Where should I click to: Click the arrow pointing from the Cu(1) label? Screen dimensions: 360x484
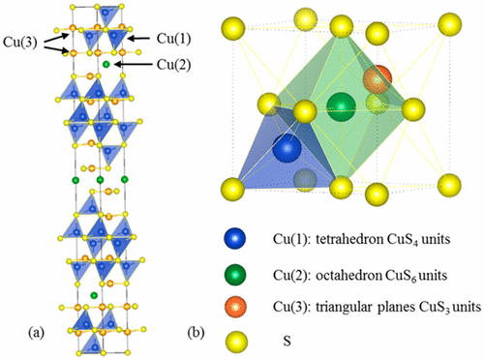pos(139,38)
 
